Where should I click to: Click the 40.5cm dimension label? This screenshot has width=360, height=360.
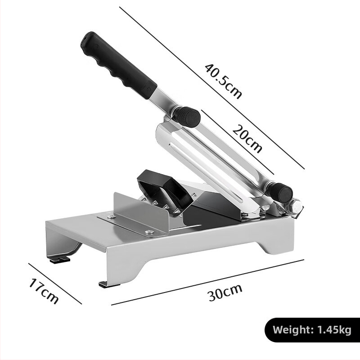tap(223, 81)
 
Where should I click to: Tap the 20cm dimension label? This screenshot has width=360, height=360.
tap(247, 139)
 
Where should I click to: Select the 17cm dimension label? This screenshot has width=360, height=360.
tap(44, 291)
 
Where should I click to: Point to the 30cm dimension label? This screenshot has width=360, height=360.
tap(225, 292)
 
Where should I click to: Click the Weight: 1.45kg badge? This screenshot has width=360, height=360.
tap(312, 330)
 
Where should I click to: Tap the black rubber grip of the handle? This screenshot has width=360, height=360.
tap(118, 65)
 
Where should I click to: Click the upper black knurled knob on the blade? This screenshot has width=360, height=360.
tap(187, 116)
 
